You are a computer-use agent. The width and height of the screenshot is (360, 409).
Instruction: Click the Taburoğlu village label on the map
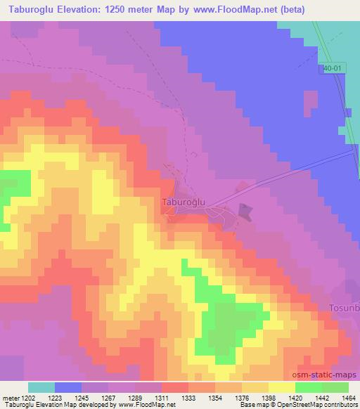point(184,201)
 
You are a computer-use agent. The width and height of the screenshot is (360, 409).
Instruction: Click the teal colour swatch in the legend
point(41,387)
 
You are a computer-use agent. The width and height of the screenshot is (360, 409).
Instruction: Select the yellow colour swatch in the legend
point(281,387)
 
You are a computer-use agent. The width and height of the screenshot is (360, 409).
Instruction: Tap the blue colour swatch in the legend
point(68,387)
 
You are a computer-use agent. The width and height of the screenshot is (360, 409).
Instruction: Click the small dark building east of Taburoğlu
point(245,211)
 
